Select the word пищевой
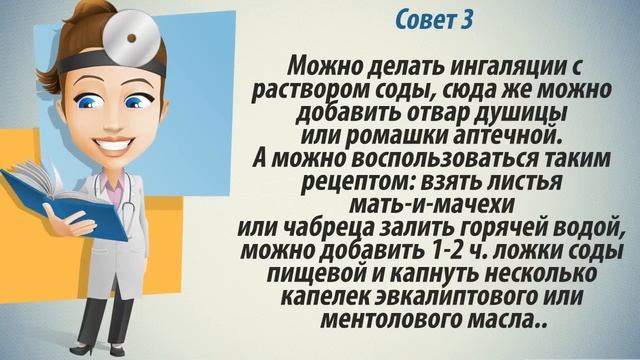318,272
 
